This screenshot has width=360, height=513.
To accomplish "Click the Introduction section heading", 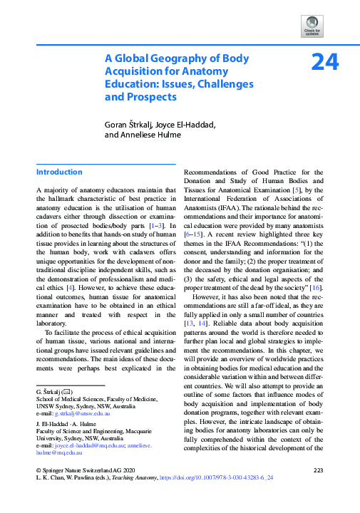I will [59, 172].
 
